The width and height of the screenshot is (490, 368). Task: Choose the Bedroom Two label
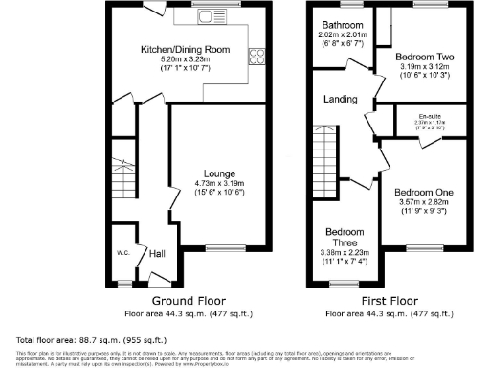[426, 57]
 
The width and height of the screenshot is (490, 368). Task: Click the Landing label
[340, 99]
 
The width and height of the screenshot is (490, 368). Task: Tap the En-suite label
[427, 116]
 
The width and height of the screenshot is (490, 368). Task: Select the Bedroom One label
[425, 193]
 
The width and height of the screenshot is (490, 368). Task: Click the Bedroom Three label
[344, 239]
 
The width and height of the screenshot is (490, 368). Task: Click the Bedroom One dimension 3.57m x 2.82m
[425, 203]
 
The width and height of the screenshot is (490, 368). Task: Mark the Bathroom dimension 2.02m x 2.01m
[341, 35]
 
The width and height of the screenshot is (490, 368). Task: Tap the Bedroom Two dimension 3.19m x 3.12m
[426, 67]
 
